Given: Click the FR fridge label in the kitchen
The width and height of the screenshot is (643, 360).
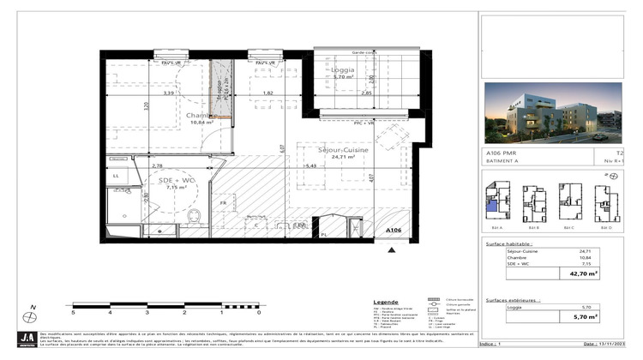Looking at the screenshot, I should click(x=223, y=202).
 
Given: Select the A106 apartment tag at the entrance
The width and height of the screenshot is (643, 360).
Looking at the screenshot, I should click(x=393, y=231).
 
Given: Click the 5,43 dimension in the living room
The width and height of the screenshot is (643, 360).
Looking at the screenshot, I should click(x=310, y=165).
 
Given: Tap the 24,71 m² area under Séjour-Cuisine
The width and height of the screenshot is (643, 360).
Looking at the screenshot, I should click(x=344, y=158).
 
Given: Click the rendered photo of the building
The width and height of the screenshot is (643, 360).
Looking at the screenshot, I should click(x=552, y=112).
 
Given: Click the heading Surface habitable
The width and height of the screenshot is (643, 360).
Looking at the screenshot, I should click(x=507, y=244).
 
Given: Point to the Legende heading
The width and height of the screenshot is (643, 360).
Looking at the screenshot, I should click(x=387, y=303).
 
